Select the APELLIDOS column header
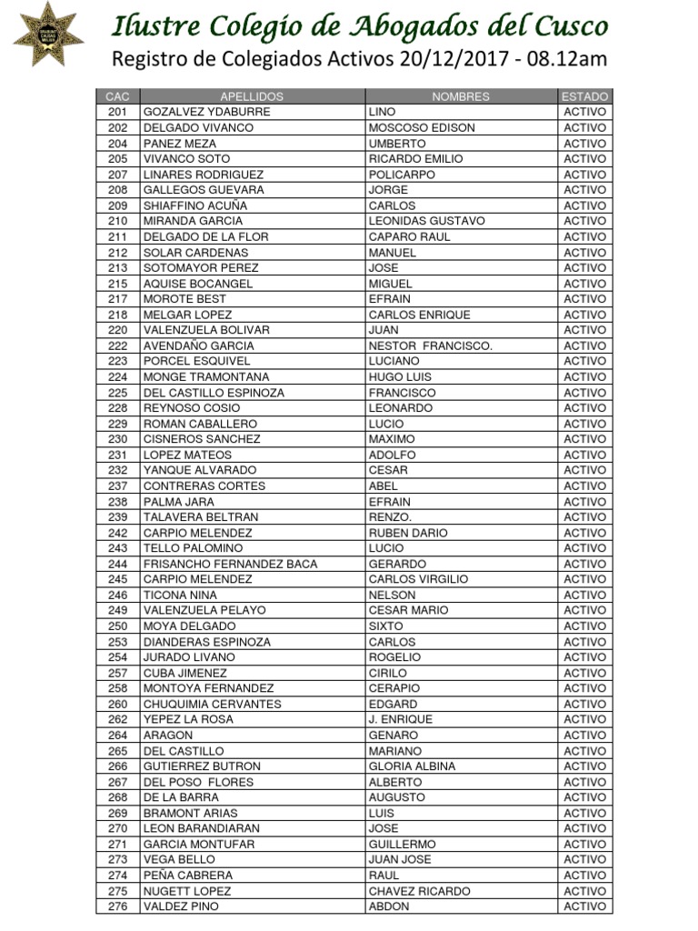pos(252,96)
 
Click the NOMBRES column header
pos(461,96)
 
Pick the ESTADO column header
pos(584,96)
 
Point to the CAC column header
pos(117,96)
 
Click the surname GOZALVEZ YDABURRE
pos(207,112)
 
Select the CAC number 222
pos(117,345)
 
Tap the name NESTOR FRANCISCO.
pos(430,345)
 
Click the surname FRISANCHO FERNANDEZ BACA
pos(231,564)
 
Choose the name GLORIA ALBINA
pos(412,766)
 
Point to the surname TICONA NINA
pos(181,595)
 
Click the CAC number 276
pos(117,906)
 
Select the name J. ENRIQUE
pos(401,719)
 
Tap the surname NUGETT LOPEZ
pos(187,891)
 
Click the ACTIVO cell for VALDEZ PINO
pos(584,906)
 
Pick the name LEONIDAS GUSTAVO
pos(426,221)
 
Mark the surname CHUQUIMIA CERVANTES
pos(213,704)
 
